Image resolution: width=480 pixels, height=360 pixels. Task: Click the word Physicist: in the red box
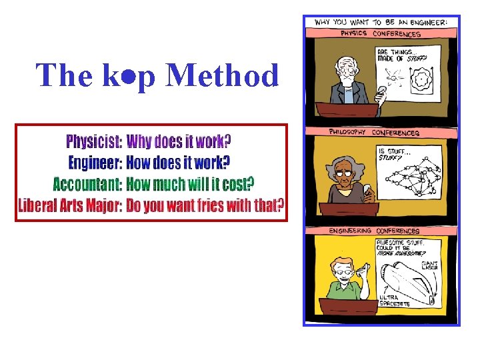pos(94,141)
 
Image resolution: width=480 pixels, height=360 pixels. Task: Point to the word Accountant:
pos(87,183)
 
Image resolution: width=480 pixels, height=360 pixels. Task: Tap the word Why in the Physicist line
pos(139,141)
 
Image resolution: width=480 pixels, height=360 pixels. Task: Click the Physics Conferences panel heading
pos(381,34)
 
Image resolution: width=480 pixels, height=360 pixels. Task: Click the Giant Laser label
pos(430,265)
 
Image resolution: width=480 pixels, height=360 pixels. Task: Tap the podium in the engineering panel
pos(347,309)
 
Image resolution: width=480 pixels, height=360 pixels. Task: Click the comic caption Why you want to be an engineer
pos(381,22)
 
